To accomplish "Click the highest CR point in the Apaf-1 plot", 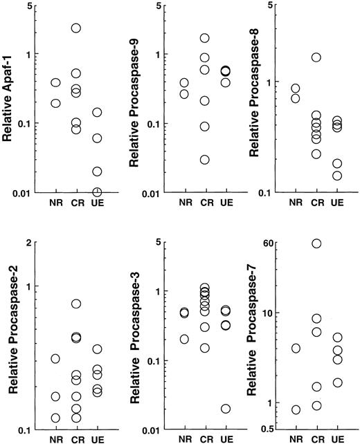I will [x=76, y=28].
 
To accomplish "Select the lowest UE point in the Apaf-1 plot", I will [x=97, y=192].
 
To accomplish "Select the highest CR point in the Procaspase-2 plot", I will [x=76, y=304].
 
